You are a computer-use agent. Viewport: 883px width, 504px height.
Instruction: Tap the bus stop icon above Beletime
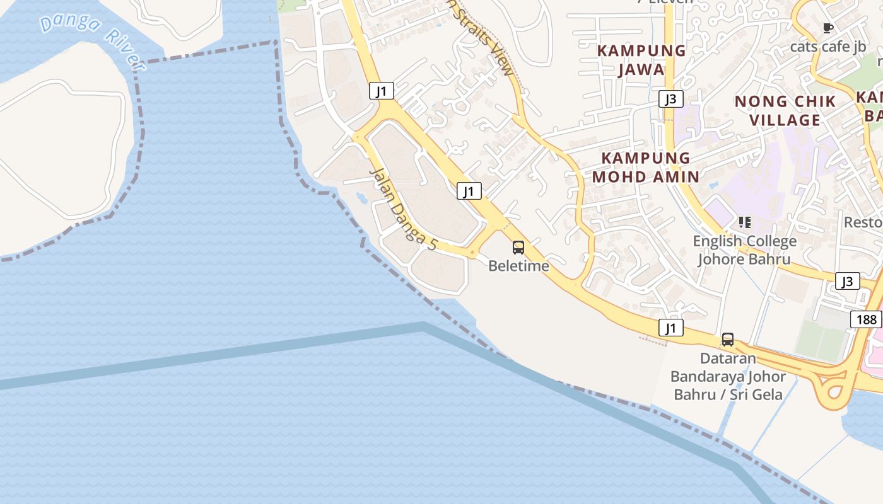tap(518, 248)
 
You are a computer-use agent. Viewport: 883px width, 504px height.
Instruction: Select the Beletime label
tap(518, 266)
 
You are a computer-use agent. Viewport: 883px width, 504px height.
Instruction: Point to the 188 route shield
tap(867, 319)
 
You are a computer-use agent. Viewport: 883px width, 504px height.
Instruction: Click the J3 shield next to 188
tap(847, 281)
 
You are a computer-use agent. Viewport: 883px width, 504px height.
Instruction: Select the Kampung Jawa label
tap(641, 60)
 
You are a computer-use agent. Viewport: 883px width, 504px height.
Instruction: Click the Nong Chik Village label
tap(786, 110)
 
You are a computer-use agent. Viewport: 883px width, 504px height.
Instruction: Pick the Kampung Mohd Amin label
tap(646, 167)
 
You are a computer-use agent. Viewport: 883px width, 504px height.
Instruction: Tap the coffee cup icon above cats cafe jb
tap(828, 28)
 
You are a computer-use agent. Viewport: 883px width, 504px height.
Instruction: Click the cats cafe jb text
tap(828, 47)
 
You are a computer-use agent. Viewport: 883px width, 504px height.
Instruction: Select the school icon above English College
tap(745, 222)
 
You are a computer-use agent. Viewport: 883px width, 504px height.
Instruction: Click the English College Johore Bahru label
tap(744, 250)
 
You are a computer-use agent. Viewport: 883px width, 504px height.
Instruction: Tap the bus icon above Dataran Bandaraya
tap(728, 340)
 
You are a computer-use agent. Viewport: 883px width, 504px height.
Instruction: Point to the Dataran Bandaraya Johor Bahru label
tap(728, 377)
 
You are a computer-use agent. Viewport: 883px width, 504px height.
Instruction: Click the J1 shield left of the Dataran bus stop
tap(671, 328)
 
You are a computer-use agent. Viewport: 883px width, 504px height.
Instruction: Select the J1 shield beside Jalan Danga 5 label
tap(469, 191)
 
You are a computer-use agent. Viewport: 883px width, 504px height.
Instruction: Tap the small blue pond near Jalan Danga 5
tap(361, 198)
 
